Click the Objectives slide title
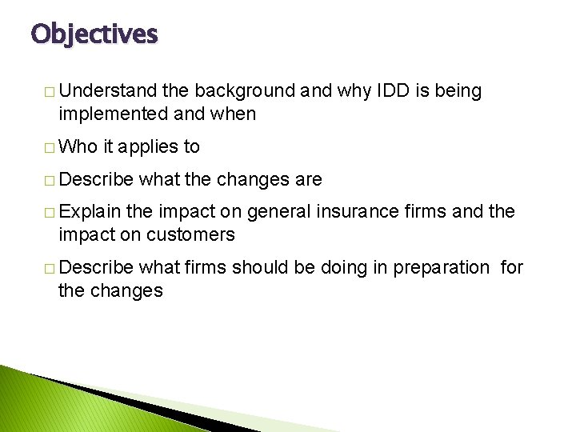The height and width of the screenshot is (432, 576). coord(94,34)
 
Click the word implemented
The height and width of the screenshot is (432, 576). coord(113,114)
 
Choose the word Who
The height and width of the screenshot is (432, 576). coord(78,146)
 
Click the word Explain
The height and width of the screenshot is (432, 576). coord(90,212)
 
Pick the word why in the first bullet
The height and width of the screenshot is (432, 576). coord(354,91)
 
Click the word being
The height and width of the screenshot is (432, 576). coord(458,91)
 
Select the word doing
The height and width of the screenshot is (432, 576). coord(345,267)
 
